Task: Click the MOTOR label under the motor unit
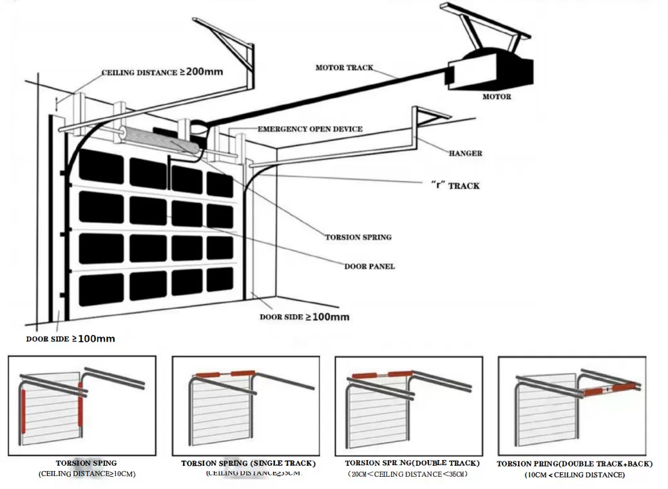click(497, 97)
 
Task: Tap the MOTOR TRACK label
click(344, 68)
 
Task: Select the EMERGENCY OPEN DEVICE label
click(310, 129)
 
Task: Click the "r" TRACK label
click(455, 186)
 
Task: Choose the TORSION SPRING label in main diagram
click(358, 237)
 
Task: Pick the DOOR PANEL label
click(369, 266)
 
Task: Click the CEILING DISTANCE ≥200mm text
click(162, 72)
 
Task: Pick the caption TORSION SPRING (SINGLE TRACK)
click(248, 463)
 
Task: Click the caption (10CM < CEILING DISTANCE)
click(574, 475)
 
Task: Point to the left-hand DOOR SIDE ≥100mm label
click(70, 338)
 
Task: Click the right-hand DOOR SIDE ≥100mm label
click(304, 317)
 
